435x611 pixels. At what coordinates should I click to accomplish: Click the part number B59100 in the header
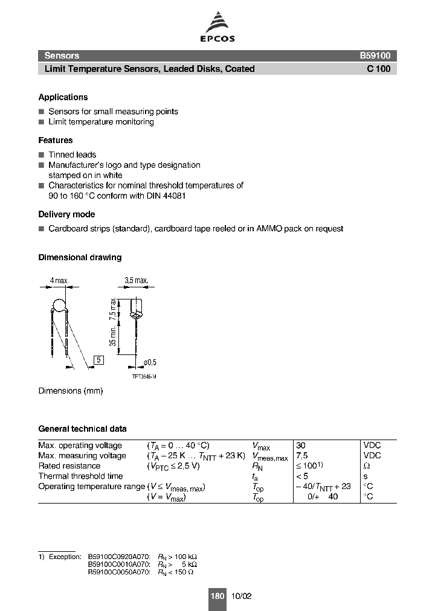(375, 56)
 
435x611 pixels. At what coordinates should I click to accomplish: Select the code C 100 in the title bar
(378, 69)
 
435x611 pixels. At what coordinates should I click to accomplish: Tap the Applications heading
(63, 97)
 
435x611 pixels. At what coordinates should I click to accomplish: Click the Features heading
(56, 140)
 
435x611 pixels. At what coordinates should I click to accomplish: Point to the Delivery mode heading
(66, 214)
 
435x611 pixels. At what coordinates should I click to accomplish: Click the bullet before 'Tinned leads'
(41, 155)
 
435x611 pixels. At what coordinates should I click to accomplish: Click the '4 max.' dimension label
(59, 281)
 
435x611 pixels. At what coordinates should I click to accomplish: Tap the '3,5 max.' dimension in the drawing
(136, 281)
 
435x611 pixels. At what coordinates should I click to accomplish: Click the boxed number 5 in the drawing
(99, 360)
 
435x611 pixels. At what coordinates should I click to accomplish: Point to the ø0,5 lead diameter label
(149, 362)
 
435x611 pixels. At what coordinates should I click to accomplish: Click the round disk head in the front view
(59, 305)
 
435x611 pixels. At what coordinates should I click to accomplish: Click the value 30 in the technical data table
(301, 446)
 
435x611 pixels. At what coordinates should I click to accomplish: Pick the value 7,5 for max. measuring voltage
(302, 456)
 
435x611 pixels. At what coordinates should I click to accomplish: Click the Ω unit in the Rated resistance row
(366, 466)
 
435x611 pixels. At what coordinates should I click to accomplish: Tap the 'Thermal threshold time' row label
(80, 476)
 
